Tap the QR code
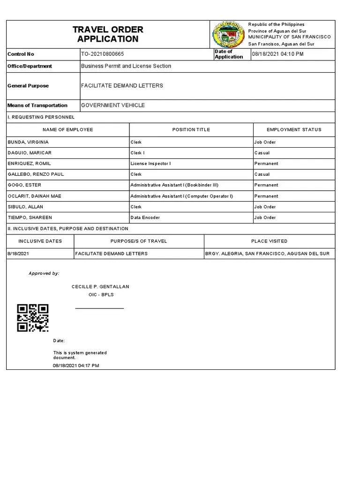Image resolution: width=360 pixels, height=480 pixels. pyautogui.click(x=33, y=318)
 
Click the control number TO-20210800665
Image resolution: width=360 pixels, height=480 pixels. pyautogui.click(x=103, y=54)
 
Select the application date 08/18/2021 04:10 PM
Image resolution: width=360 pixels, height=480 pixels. pyautogui.click(x=278, y=54)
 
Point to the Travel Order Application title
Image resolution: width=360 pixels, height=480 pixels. pyautogui.click(x=108, y=34)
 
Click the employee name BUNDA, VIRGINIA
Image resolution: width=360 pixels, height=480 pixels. pyautogui.click(x=28, y=142)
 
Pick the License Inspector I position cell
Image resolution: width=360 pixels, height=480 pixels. pyautogui.click(x=150, y=164)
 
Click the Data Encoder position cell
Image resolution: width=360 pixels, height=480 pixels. pyautogui.click(x=145, y=217)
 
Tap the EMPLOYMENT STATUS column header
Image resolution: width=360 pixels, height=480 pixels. pyautogui.click(x=294, y=129)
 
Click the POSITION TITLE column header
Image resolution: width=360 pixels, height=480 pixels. pyautogui.click(x=191, y=129)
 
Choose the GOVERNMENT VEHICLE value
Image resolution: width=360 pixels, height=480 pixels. pyautogui.click(x=113, y=105)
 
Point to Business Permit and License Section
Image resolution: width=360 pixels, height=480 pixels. pyautogui.click(x=126, y=66)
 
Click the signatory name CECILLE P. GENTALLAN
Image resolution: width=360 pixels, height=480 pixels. pyautogui.click(x=100, y=286)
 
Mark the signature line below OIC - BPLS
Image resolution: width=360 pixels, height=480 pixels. pyautogui.click(x=100, y=308)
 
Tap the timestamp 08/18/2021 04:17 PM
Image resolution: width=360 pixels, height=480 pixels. pyautogui.click(x=76, y=365)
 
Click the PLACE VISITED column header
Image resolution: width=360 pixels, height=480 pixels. pyautogui.click(x=269, y=241)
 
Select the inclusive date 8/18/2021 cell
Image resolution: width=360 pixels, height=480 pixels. pyautogui.click(x=18, y=254)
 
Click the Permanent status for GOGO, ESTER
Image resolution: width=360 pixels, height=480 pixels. pyautogui.click(x=266, y=185)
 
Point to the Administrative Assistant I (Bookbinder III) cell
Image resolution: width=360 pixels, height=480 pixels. pyautogui.click(x=174, y=185)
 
